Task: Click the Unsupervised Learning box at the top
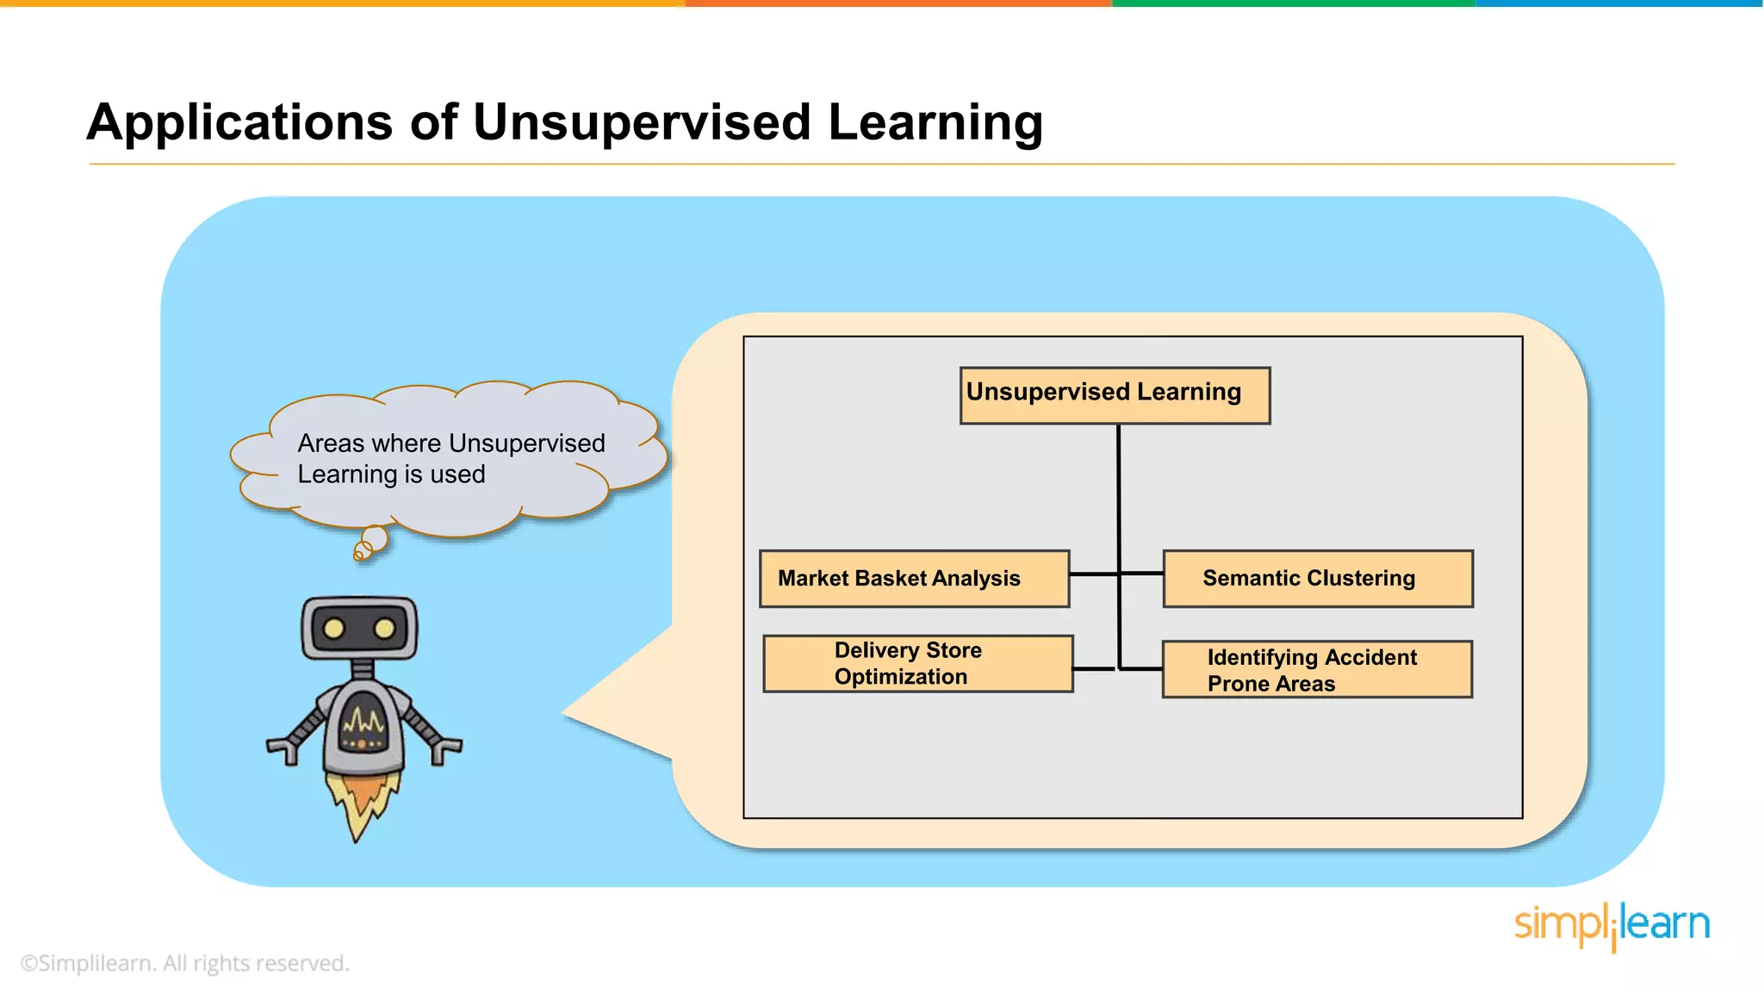pyautogui.click(x=1115, y=395)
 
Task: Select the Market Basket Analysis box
pyautogui.click(x=914, y=579)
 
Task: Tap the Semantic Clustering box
pyautogui.click(x=1317, y=579)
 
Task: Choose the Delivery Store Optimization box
pyautogui.click(x=917, y=664)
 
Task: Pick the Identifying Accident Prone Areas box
pyautogui.click(x=1316, y=669)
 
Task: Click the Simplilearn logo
pyautogui.click(x=1611, y=925)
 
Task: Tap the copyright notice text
pyautogui.click(x=184, y=963)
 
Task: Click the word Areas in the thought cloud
pyautogui.click(x=331, y=443)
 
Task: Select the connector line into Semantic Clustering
pyautogui.click(x=1141, y=573)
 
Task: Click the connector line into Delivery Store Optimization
pyautogui.click(x=1095, y=668)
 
